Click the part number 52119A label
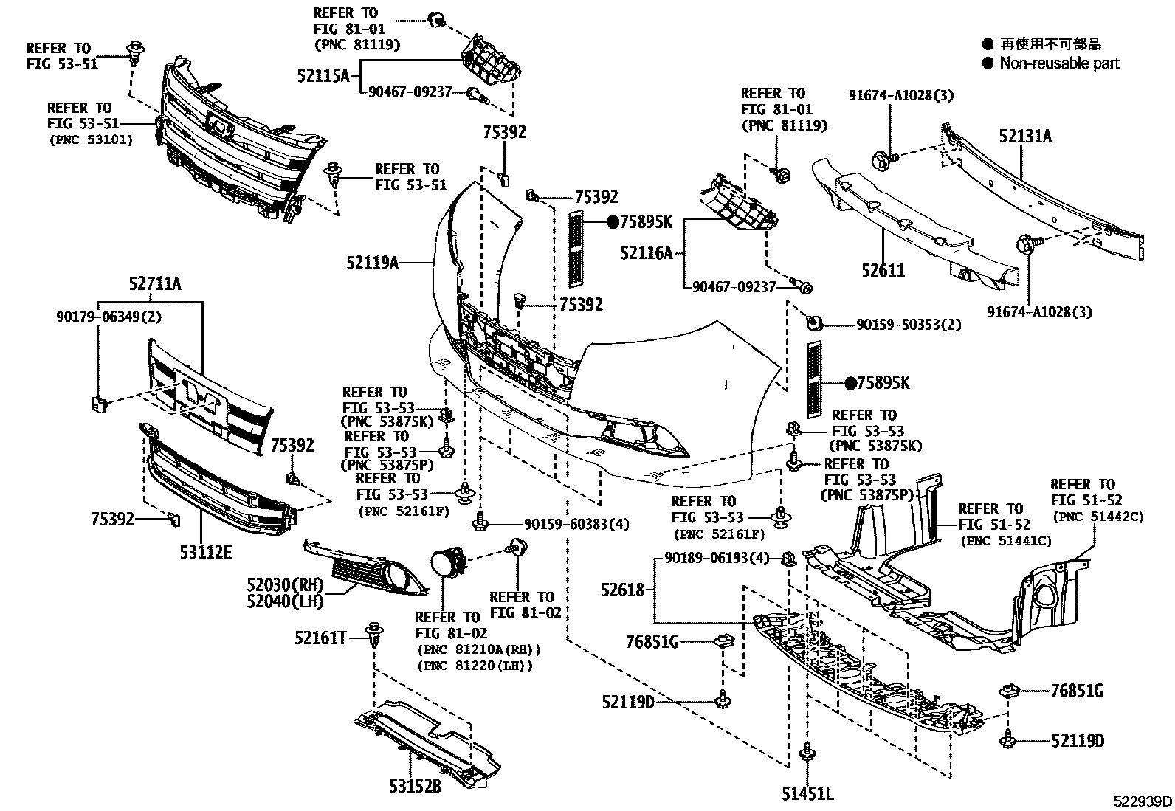pos(372,261)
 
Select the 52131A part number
pos(1025,137)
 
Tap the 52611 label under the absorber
pos(883,271)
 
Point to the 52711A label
pos(154,283)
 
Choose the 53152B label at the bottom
pos(416,787)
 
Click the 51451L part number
pos(807,794)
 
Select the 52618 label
pos(622,590)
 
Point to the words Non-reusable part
pos(1059,63)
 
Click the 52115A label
pos(323,75)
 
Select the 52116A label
pos(647,253)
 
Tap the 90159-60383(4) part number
pos(576,525)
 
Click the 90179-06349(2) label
pos(108,317)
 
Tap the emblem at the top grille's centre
pos(219,126)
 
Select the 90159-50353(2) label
pos(909,325)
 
